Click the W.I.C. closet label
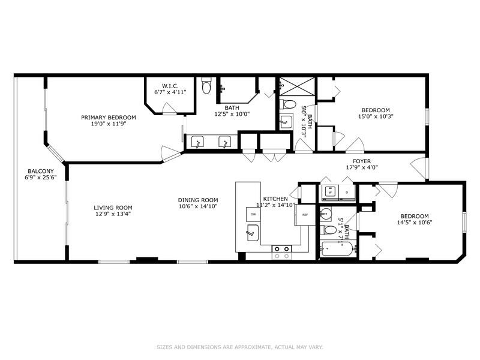pyautogui.click(x=171, y=85)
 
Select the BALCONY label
pyautogui.click(x=40, y=171)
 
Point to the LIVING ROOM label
pyautogui.click(x=112, y=208)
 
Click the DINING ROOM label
pyautogui.click(x=197, y=200)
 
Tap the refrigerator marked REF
pyautogui.click(x=304, y=215)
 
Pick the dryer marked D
pyautogui.click(x=347, y=193)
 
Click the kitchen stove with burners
pyautogui.click(x=282, y=251)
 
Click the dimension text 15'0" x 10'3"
pyautogui.click(x=375, y=117)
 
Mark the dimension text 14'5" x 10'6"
pyautogui.click(x=414, y=223)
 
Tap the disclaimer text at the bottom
pyautogui.click(x=240, y=346)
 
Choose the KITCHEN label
pyautogui.click(x=275, y=199)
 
